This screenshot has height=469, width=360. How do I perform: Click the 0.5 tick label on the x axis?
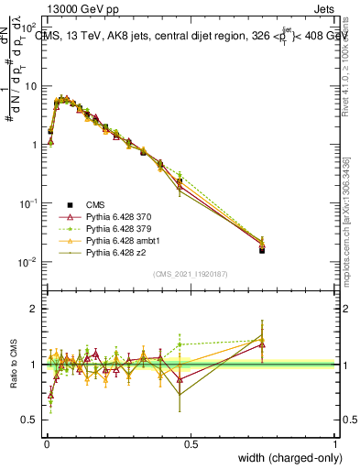191,443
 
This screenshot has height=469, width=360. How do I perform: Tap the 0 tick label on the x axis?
46,443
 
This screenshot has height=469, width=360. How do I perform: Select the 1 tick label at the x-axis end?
334,443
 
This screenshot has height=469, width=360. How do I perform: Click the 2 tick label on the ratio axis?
32,309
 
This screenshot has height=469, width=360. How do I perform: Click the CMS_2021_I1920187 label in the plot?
191,274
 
